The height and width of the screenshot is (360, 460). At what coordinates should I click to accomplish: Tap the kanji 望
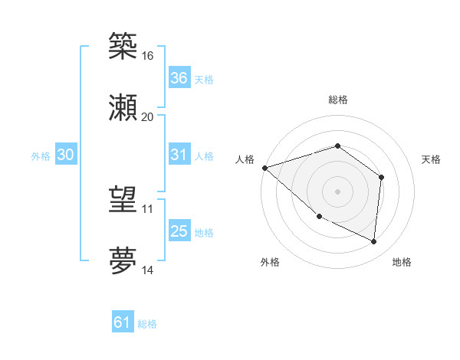click(123, 199)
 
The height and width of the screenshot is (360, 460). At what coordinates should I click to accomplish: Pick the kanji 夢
click(123, 260)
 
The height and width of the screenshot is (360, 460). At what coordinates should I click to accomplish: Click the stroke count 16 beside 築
click(147, 56)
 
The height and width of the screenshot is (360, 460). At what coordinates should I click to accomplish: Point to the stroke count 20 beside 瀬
click(147, 116)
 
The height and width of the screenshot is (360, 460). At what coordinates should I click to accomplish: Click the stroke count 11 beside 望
click(147, 208)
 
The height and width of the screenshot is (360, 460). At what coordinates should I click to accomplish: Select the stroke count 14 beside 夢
click(147, 270)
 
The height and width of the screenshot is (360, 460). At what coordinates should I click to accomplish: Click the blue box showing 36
click(179, 78)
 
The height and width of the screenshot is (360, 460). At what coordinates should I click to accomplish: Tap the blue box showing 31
click(179, 155)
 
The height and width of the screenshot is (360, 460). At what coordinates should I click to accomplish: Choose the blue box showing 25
click(179, 231)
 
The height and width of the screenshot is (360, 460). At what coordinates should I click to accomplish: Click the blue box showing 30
click(65, 155)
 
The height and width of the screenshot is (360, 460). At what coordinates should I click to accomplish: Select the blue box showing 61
click(122, 322)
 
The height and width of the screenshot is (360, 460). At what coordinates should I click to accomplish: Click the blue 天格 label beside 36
click(204, 79)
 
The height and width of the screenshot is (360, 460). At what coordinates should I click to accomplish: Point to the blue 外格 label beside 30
click(41, 155)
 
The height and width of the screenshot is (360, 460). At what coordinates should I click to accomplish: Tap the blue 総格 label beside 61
click(147, 323)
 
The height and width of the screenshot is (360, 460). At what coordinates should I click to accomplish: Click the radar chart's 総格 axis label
click(337, 100)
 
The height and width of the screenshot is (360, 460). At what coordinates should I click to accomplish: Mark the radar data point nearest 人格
click(264, 167)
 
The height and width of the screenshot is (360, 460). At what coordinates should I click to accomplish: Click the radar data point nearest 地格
click(374, 242)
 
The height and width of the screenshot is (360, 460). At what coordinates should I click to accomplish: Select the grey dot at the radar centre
click(337, 191)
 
